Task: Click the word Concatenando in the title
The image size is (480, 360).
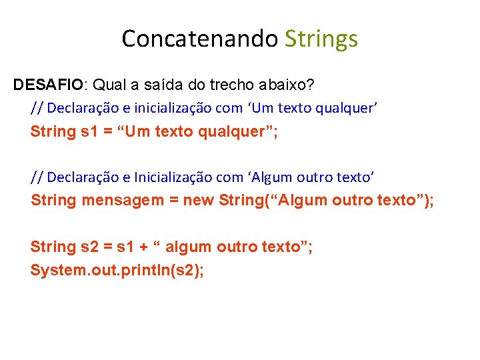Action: point(199,39)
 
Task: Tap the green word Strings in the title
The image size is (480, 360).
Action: point(321,39)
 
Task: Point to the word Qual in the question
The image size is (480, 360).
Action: point(107,85)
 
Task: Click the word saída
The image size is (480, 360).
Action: point(155,85)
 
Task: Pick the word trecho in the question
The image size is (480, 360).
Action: point(226,85)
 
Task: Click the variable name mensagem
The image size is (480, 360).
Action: point(123,201)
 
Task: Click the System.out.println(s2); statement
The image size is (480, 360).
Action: point(117,270)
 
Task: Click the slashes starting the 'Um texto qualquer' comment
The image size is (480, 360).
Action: point(37,107)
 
